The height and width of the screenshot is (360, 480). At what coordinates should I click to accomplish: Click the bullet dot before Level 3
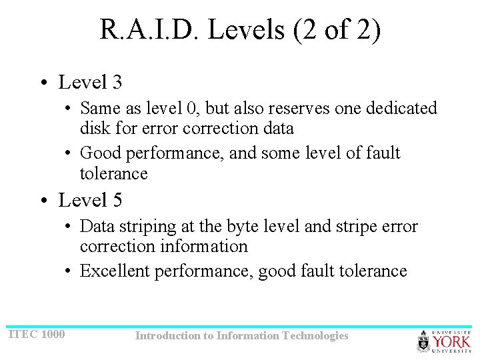[43, 83]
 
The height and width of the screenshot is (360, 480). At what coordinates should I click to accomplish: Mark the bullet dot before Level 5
[43, 201]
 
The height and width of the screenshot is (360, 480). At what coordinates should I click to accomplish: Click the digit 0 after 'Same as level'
[191, 108]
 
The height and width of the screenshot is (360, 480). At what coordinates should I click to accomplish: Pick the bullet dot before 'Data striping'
[69, 227]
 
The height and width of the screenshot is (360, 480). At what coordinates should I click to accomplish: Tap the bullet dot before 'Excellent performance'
[69, 271]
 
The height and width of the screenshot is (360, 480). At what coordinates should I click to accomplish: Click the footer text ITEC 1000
[37, 334]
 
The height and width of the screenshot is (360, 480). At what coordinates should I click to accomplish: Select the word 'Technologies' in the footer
[315, 336]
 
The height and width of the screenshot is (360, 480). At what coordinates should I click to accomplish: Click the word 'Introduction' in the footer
[167, 336]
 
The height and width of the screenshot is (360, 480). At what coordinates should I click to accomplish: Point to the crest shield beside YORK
[424, 342]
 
